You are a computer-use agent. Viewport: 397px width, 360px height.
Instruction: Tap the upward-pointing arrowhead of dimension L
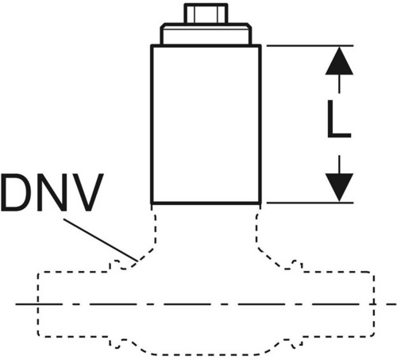(339, 61)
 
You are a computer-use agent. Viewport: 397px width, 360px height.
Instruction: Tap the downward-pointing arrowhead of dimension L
(339, 188)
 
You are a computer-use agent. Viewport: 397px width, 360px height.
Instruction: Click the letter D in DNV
(15, 192)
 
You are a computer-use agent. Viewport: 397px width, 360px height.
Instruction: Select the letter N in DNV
(52, 192)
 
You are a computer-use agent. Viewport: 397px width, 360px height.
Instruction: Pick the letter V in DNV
(87, 192)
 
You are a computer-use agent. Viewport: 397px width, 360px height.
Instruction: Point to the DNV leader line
(101, 240)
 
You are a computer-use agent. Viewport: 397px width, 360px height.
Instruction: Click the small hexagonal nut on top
(206, 14)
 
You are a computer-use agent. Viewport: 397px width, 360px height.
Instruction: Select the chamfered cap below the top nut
(206, 34)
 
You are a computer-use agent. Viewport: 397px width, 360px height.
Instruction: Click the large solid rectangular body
(206, 125)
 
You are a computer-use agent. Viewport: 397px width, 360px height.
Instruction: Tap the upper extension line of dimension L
(310, 46)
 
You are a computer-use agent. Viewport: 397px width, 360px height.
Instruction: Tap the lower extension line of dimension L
(310, 203)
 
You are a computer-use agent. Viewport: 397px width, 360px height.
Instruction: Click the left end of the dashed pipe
(38, 304)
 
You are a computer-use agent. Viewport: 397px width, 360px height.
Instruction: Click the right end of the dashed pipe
(373, 304)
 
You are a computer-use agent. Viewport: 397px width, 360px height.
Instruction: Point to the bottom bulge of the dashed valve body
(206, 354)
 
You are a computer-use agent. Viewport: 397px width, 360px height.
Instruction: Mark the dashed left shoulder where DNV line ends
(145, 255)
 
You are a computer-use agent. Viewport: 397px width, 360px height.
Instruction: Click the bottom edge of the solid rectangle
(206, 203)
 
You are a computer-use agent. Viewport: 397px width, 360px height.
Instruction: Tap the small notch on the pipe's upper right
(297, 265)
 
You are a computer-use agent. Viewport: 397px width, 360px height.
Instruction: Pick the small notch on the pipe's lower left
(115, 343)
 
